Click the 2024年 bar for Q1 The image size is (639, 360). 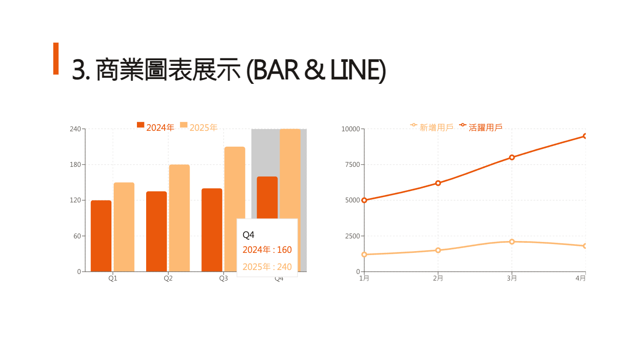[x=101, y=236]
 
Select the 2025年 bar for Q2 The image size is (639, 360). [x=179, y=218]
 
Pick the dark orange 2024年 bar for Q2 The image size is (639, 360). [x=156, y=231]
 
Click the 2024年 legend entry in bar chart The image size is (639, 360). [x=155, y=127]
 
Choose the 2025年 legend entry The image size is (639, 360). [x=199, y=127]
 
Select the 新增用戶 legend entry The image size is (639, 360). [x=432, y=127]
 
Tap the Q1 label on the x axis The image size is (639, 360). [x=113, y=278]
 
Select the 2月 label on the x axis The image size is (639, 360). [x=438, y=278]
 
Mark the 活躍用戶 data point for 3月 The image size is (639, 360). [x=512, y=157]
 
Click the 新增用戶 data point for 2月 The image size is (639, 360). [x=438, y=250]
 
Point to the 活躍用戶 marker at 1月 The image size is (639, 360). [x=364, y=200]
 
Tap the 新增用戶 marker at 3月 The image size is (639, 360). [x=512, y=241]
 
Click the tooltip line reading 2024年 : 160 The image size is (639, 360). [x=267, y=250]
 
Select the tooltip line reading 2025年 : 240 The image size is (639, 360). [x=267, y=267]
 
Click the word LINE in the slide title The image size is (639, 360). [x=356, y=70]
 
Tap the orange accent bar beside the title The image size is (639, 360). [x=56, y=58]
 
